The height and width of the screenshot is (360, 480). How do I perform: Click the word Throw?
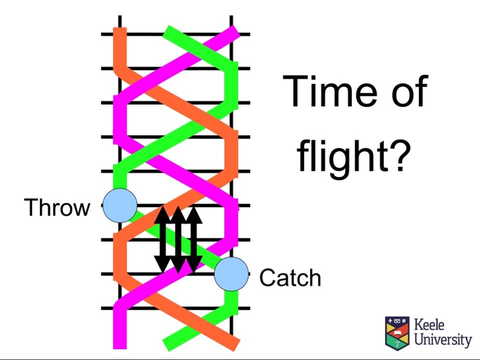(57, 207)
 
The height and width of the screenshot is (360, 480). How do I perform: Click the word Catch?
(290, 277)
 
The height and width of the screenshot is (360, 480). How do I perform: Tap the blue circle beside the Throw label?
(120, 205)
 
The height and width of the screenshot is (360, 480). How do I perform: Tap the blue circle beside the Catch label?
(231, 274)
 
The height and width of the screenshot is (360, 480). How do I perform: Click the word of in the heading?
(409, 91)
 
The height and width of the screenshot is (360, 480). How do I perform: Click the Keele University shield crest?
(397, 333)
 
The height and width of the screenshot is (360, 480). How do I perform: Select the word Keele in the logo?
(429, 324)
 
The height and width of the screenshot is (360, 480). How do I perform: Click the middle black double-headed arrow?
(178, 239)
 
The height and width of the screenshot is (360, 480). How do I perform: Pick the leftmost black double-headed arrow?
(162, 239)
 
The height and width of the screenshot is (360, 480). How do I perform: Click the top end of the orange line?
(120, 28)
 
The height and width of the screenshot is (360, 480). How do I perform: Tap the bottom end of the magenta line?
(120, 348)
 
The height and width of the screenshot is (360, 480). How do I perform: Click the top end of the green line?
(167, 31)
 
